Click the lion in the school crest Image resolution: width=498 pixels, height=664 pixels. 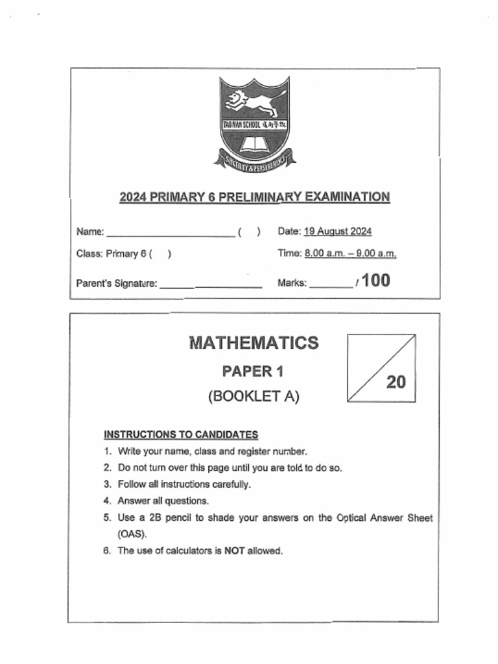(x=255, y=102)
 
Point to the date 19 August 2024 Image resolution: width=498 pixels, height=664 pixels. (x=337, y=231)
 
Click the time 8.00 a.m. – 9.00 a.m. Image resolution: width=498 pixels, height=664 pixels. (x=350, y=254)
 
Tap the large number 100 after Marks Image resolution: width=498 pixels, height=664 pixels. (x=376, y=281)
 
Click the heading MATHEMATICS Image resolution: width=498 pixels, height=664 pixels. (x=254, y=342)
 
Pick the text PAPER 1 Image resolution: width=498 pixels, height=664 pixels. (x=253, y=372)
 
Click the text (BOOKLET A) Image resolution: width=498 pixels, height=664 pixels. (x=254, y=397)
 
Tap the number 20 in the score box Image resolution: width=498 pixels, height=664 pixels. (x=396, y=383)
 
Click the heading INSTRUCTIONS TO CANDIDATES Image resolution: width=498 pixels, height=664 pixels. (x=181, y=434)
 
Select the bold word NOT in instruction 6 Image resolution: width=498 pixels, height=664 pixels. (x=233, y=551)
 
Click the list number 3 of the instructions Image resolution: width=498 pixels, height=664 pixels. (x=106, y=484)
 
